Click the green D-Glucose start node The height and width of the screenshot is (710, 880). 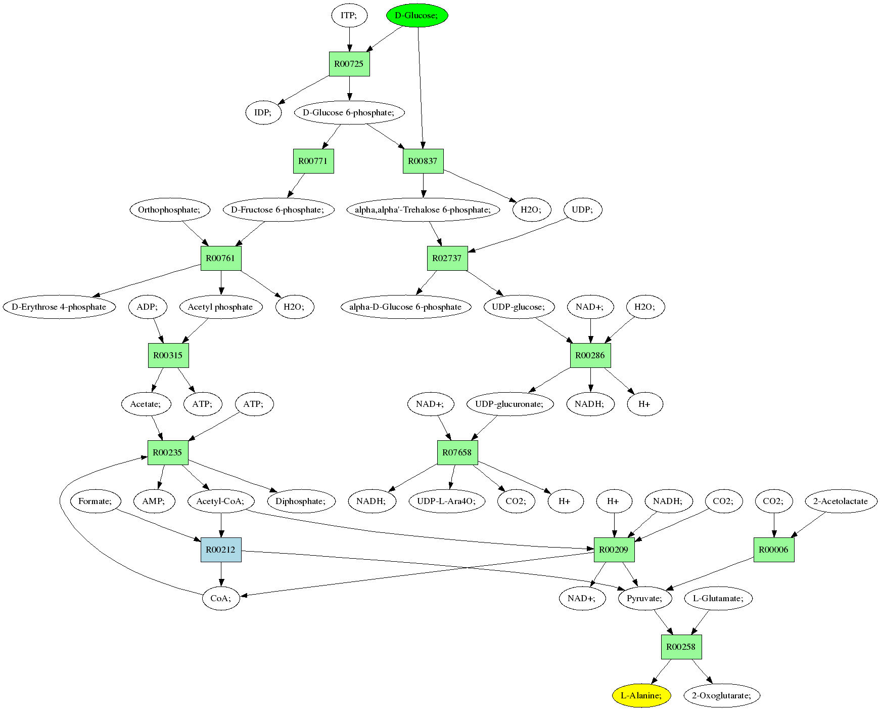point(418,15)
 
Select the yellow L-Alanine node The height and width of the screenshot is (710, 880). point(641,695)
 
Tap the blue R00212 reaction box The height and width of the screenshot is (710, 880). point(221,550)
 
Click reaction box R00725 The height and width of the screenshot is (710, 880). point(349,64)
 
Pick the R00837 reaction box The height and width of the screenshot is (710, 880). point(423,161)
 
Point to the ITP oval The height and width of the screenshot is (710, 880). point(348,15)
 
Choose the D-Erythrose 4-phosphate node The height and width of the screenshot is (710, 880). point(59,307)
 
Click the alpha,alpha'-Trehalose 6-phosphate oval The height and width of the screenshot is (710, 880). point(423,210)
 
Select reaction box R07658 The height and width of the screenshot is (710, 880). point(457,452)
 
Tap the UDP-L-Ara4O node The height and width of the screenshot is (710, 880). point(447,501)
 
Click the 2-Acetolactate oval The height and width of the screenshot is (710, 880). point(840,501)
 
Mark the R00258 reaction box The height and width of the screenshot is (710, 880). point(681,647)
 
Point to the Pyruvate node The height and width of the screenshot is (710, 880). point(644,598)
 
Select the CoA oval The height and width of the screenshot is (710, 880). point(221,598)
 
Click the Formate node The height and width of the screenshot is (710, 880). point(95,501)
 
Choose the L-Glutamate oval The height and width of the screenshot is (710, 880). point(718,598)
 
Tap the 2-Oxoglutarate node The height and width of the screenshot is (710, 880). point(721,695)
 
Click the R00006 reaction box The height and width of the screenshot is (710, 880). point(774,550)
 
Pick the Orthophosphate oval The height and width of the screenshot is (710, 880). point(169,210)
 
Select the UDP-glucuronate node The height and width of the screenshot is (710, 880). point(510,404)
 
